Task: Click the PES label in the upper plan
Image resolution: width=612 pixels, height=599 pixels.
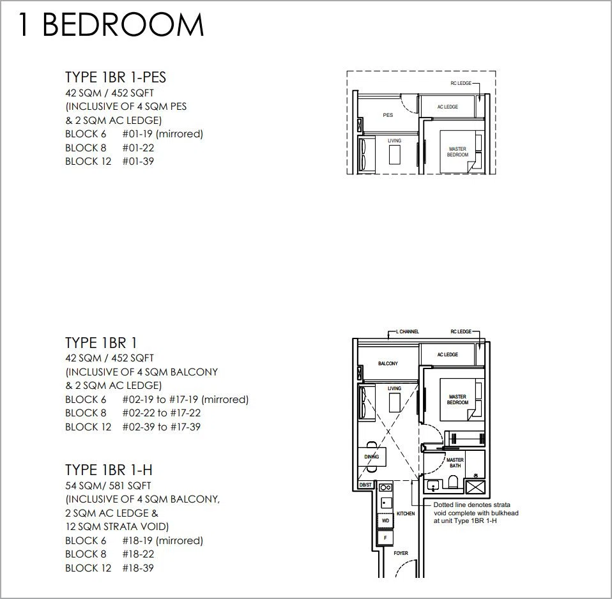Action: [x=388, y=115]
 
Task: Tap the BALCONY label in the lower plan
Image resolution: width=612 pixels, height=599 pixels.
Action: [x=388, y=363]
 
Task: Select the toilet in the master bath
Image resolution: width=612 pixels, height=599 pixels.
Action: [x=453, y=481]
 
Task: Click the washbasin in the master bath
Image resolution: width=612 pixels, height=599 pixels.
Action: [x=433, y=485]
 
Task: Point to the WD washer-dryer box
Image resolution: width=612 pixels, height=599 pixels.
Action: [x=386, y=520]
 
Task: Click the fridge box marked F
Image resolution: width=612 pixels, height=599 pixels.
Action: [x=386, y=538]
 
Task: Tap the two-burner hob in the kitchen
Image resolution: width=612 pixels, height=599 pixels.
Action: [x=386, y=487]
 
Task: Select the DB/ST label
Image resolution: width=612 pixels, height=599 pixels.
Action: [x=365, y=485]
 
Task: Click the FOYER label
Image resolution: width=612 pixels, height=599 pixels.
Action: [x=401, y=553]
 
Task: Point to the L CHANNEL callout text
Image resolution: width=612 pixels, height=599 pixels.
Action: [x=408, y=331]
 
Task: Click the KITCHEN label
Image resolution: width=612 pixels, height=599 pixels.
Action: [x=406, y=513]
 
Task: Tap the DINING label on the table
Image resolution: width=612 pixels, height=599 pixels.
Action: [x=372, y=457]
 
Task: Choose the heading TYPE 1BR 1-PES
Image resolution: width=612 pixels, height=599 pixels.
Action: [x=116, y=77]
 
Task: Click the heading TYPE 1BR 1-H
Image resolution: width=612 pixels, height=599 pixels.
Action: [x=109, y=470]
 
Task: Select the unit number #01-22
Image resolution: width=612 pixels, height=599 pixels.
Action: [x=138, y=148]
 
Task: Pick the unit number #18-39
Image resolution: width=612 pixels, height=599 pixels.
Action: [x=138, y=568]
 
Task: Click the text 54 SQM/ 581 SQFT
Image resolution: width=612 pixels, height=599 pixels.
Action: [x=108, y=486]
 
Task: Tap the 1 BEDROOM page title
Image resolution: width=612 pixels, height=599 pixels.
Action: [x=111, y=24]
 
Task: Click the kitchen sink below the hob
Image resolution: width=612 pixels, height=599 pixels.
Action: [x=386, y=503]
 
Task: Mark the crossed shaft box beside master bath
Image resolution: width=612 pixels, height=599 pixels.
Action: [x=475, y=488]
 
